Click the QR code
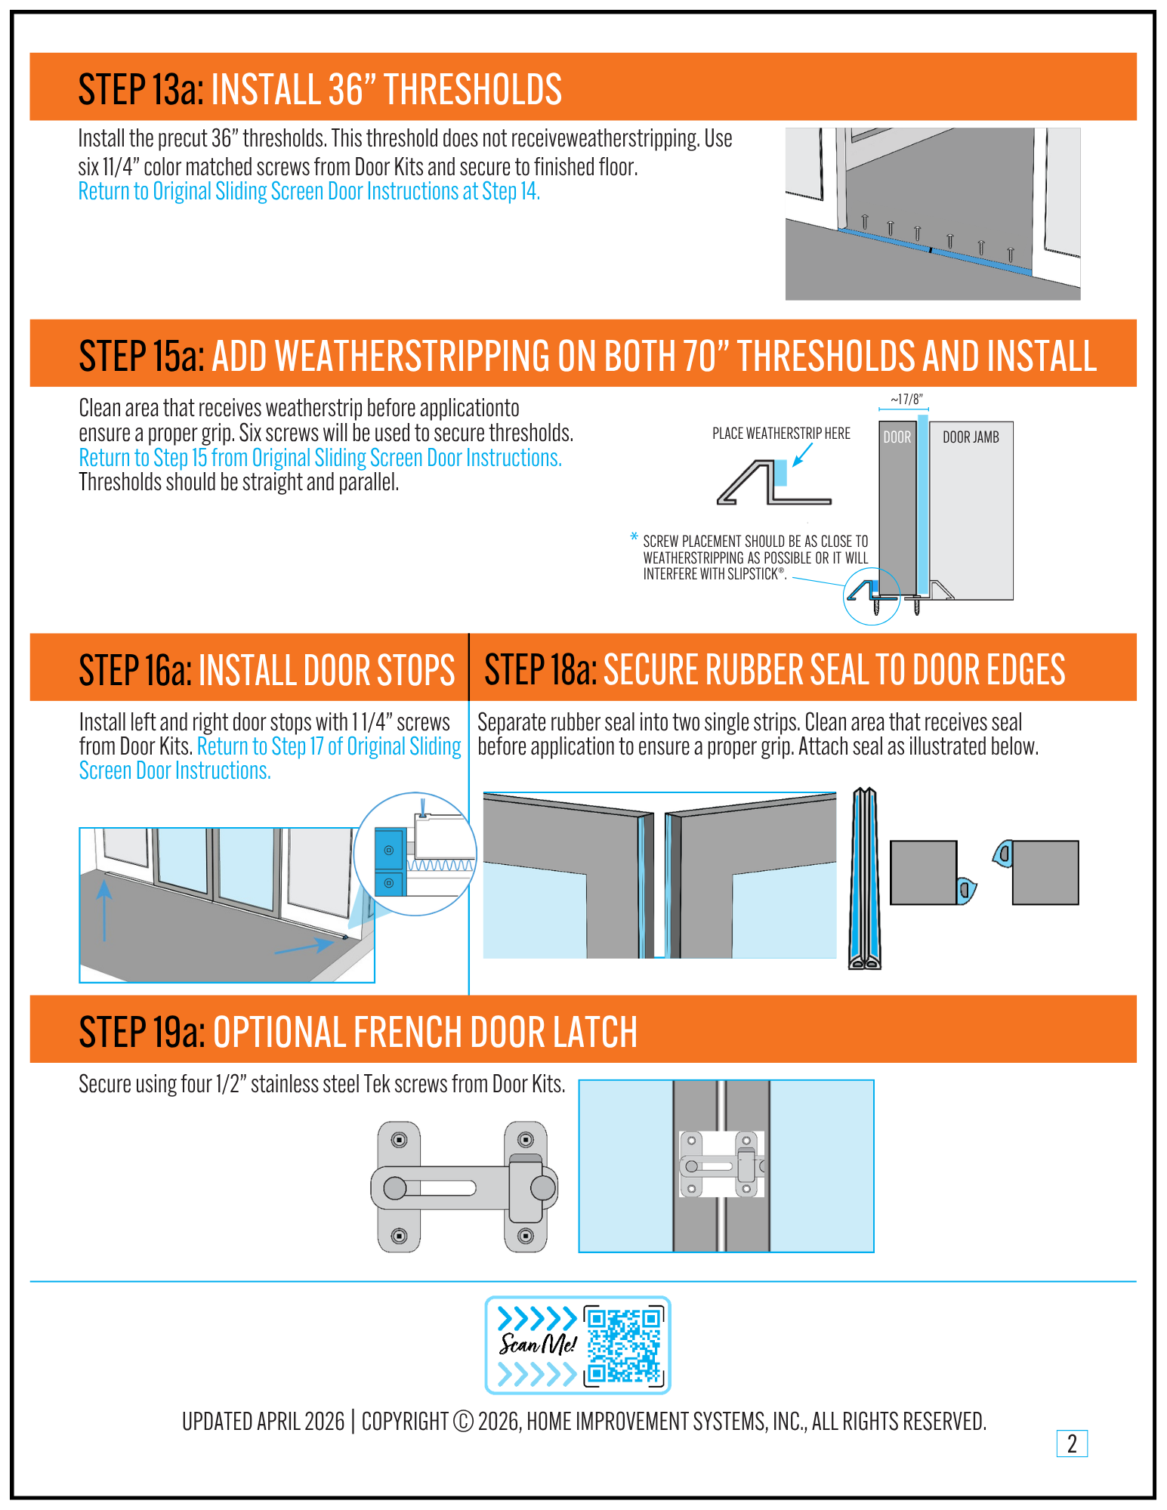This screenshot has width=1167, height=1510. pyautogui.click(x=624, y=1345)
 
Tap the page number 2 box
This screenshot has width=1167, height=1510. pyautogui.click(x=1071, y=1444)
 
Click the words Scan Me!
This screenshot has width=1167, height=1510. pyautogui.click(x=537, y=1344)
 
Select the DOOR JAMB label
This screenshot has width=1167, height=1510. pyautogui.click(x=971, y=437)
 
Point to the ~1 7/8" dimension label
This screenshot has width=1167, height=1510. pyautogui.click(x=906, y=400)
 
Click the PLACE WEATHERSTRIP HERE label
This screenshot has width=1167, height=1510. pyautogui.click(x=781, y=434)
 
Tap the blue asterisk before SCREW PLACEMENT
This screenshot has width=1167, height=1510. pyautogui.click(x=634, y=537)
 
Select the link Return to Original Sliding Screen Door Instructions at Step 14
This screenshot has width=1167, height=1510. pyautogui.click(x=309, y=192)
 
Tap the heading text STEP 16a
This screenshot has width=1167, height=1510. pyautogui.click(x=135, y=671)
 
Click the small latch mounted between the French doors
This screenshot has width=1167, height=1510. pyautogui.click(x=721, y=1164)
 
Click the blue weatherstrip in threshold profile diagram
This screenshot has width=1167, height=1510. pyautogui.click(x=780, y=474)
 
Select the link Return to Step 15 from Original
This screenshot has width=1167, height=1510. pyautogui.click(x=320, y=459)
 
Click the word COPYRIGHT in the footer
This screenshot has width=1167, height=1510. pyautogui.click(x=405, y=1422)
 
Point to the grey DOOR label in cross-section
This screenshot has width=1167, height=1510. pyautogui.click(x=897, y=437)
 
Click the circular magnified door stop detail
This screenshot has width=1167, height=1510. pyautogui.click(x=415, y=854)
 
